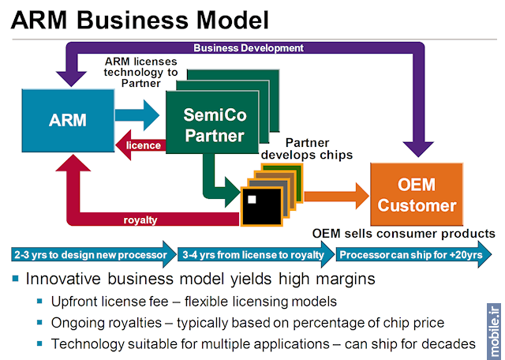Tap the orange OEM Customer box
(x=416, y=194)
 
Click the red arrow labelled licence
(x=140, y=145)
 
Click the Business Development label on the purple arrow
(x=248, y=47)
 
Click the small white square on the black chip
(x=252, y=198)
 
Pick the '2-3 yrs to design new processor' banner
(x=91, y=255)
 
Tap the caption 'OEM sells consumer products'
(x=403, y=234)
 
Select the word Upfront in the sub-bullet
(x=77, y=302)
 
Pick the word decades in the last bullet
(x=449, y=343)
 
